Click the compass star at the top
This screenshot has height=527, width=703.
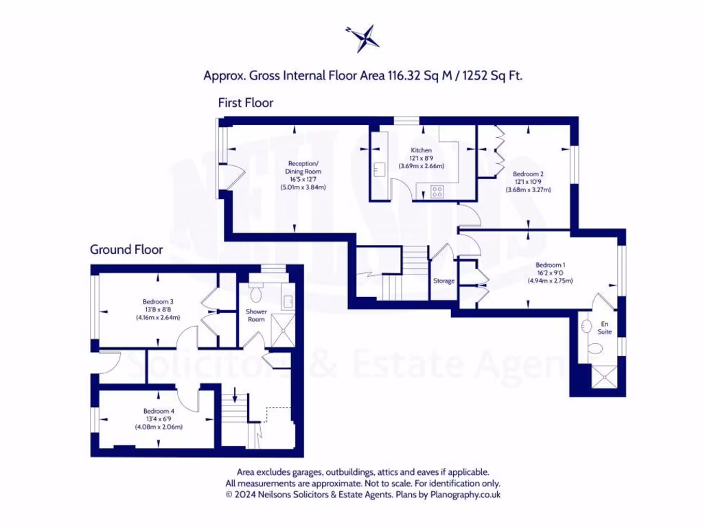362,38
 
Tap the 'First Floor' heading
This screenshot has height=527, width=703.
245,103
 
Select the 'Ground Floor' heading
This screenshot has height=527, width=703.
126,249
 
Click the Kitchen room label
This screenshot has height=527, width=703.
421,150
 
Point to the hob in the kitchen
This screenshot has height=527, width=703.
437,191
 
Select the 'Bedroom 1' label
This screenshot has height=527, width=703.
550,265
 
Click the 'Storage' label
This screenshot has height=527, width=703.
443,280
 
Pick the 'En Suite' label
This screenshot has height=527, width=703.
604,327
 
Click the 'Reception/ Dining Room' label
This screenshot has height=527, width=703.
303,167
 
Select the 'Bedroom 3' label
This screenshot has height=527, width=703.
158,301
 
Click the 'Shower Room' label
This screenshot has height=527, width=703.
257,316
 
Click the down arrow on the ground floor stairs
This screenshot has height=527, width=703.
235,395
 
